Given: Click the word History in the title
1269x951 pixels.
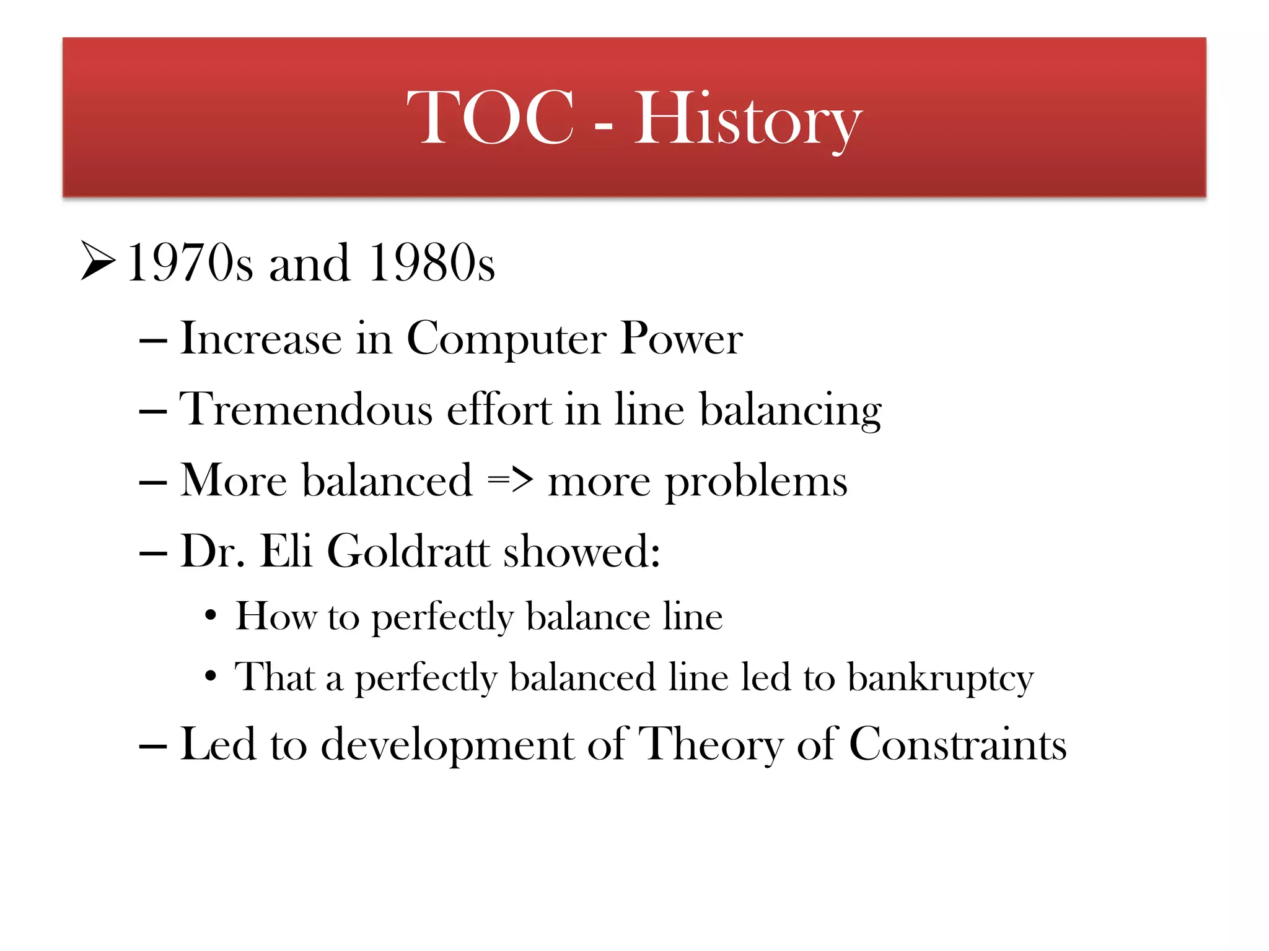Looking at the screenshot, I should click(x=748, y=119).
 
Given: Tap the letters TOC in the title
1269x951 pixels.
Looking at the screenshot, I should click(x=491, y=118).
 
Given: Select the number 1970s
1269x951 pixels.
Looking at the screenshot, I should click(x=190, y=263).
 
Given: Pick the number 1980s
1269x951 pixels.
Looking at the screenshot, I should click(x=431, y=263).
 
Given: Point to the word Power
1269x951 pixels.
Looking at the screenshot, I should click(x=681, y=339).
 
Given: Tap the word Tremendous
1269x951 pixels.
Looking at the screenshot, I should click(x=305, y=409).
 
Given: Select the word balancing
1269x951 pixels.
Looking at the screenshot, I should click(x=790, y=410).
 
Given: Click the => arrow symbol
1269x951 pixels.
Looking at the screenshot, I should click(x=510, y=480).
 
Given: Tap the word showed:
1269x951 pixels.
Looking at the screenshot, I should click(x=581, y=550).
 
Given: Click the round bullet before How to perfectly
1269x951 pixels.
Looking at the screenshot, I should click(x=211, y=616).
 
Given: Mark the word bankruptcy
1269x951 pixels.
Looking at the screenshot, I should click(x=940, y=679).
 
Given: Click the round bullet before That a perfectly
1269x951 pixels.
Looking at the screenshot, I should click(x=211, y=676).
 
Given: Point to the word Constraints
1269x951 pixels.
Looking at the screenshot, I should click(x=957, y=744).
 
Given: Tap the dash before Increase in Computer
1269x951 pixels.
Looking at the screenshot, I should click(x=153, y=341).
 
